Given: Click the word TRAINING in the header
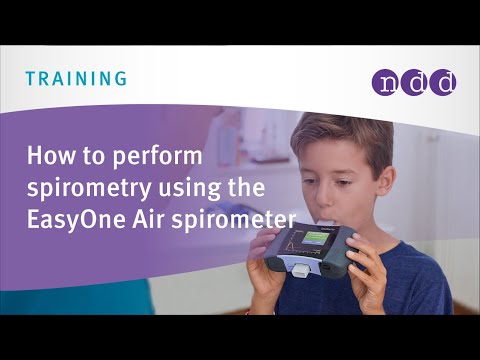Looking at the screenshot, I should [x=76, y=77].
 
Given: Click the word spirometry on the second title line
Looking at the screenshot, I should [x=83, y=187].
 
